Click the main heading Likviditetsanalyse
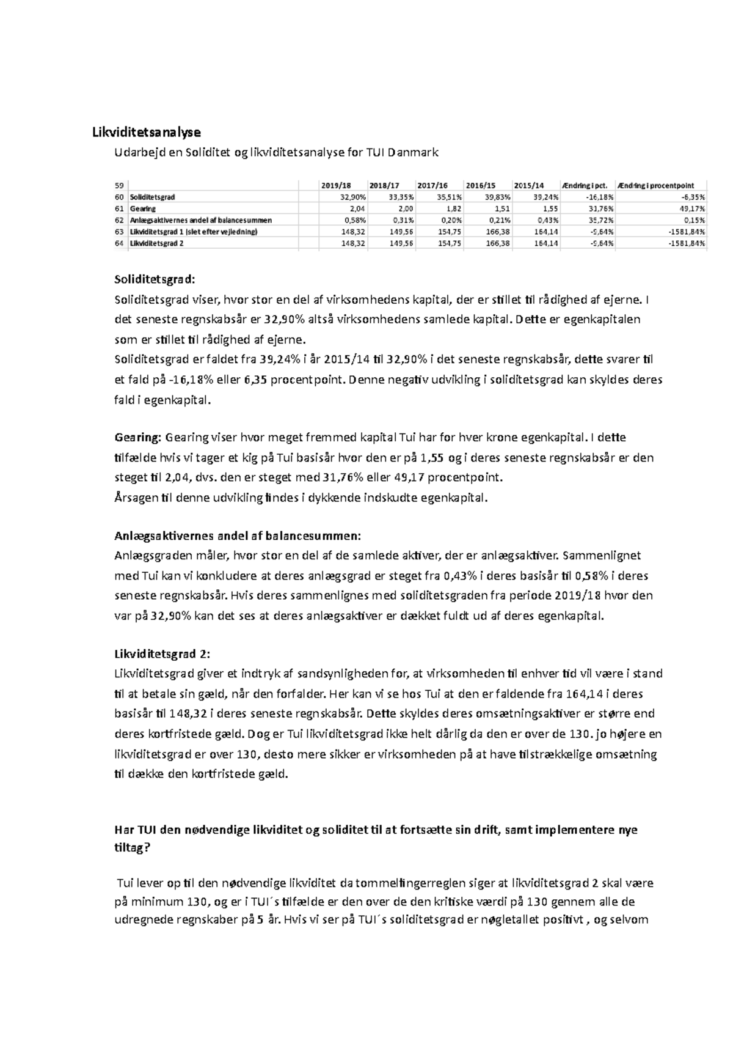point(146,132)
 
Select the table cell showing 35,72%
point(600,220)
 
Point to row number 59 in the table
point(119,186)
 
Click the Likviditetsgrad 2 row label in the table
point(156,243)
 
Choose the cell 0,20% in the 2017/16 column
point(451,220)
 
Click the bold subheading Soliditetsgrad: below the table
point(155,280)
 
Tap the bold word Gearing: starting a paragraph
point(138,438)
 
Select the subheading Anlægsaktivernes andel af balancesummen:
point(238,536)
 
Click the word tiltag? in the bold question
point(132,849)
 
